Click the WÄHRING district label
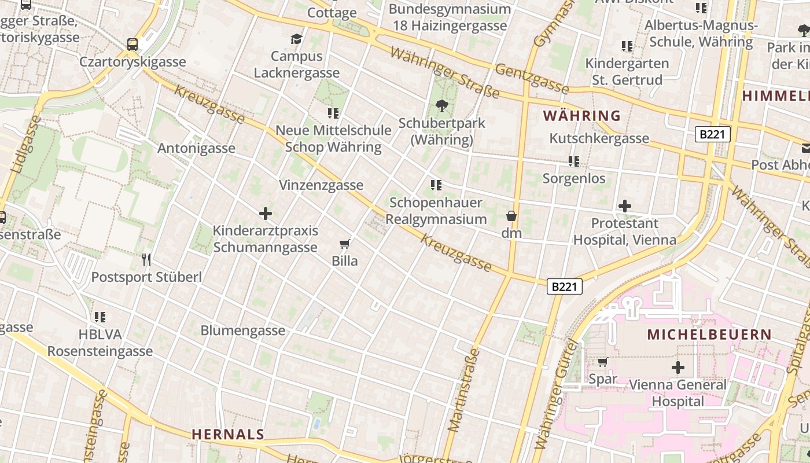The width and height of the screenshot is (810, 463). [x=582, y=115]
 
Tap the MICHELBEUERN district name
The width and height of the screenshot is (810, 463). [x=709, y=335]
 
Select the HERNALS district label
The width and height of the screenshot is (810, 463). [x=227, y=434]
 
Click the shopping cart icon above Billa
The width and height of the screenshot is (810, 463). [x=345, y=244]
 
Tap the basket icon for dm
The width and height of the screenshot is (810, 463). [x=511, y=216]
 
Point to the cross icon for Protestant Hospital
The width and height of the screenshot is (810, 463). [x=624, y=206]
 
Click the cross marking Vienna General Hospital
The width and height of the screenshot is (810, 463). [x=678, y=368]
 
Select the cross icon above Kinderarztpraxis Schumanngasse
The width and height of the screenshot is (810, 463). [x=266, y=214]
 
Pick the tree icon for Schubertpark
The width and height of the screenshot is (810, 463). [x=442, y=106]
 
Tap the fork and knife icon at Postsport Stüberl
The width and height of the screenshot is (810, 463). [x=146, y=260]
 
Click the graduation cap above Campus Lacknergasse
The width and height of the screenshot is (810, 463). [x=296, y=39]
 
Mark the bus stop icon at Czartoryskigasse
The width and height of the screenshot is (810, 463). [x=132, y=45]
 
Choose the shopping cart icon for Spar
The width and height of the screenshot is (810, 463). [x=602, y=362]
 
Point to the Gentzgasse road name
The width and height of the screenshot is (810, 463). [x=532, y=79]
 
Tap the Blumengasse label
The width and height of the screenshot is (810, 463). [x=243, y=330]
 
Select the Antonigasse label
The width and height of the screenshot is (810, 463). [x=196, y=148]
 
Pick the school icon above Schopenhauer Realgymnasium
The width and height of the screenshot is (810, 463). [x=436, y=185]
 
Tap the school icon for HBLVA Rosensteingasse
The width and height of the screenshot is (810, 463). [x=100, y=317]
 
